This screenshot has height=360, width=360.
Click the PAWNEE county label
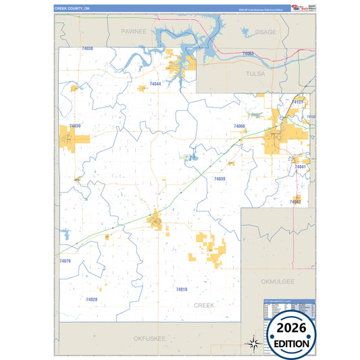point(133,32)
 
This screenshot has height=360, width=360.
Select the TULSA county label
point(255,73)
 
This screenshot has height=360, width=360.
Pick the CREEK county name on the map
point(204,305)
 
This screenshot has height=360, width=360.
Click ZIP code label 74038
point(86,49)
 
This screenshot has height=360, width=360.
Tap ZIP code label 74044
point(155,84)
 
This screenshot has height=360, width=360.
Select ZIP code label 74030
point(74,126)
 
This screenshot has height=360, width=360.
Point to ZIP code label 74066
point(238,127)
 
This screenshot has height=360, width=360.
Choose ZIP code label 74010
point(181,289)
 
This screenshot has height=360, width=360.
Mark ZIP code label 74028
point(92,299)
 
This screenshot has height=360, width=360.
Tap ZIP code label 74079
point(65,261)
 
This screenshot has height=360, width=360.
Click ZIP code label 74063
point(248,53)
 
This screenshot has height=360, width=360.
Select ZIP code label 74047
point(295,202)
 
